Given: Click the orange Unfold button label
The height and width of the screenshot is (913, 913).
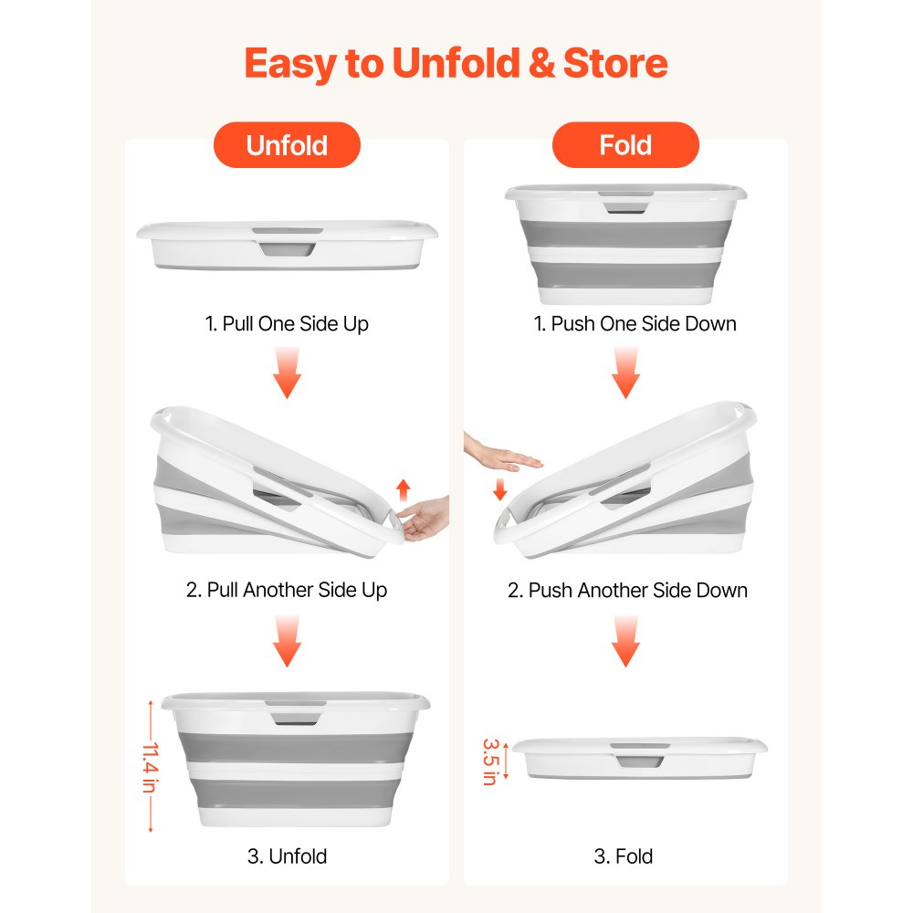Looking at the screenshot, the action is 287,145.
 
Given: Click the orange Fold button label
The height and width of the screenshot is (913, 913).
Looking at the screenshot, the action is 625,145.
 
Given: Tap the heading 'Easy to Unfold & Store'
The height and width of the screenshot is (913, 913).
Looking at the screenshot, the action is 456,64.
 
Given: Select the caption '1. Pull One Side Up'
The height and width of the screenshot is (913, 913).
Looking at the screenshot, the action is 287,324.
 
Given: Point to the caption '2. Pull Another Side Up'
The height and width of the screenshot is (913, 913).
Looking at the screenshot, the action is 287,590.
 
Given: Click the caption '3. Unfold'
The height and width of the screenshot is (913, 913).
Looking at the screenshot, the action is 287,856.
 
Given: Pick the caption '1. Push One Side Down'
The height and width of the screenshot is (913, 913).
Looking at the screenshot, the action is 635,324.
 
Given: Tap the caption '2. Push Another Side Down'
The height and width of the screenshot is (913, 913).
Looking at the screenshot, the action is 627,590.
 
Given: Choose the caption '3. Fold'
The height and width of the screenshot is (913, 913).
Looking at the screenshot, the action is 623,856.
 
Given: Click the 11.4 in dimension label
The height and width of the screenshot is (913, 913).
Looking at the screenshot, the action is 151,766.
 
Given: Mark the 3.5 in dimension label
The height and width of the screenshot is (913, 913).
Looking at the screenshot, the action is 490,761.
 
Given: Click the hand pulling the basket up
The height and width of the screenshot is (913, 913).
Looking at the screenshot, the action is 424,519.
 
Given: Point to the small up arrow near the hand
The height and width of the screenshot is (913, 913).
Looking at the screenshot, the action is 403,490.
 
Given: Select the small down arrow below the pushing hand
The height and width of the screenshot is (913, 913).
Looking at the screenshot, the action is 499,489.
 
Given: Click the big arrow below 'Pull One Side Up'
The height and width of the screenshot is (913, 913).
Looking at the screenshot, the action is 287,373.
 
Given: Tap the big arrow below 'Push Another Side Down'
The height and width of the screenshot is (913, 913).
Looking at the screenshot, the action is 626,642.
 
